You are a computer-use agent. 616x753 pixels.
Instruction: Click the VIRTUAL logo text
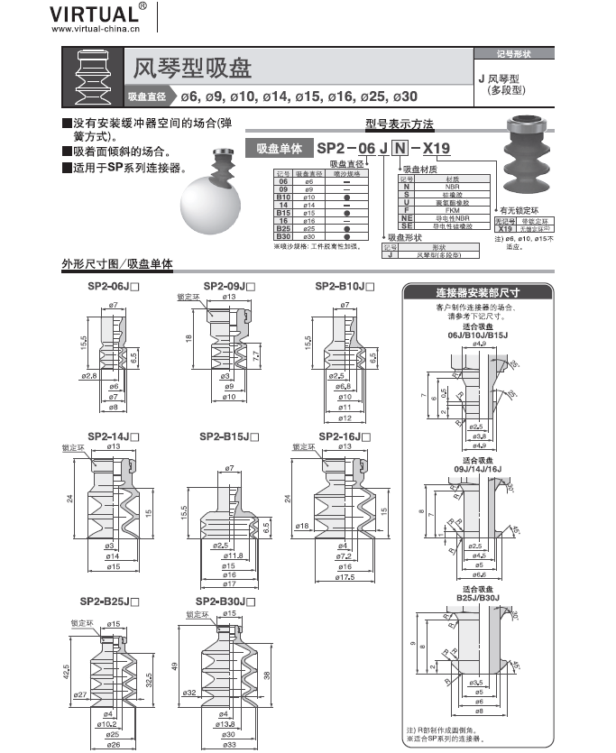pyautogui.click(x=95, y=14)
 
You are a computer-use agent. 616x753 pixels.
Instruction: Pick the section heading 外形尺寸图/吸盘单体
pyautogui.click(x=116, y=264)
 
